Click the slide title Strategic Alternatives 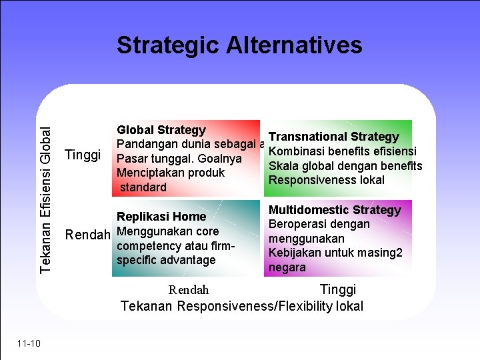click(239, 45)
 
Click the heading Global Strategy click(161, 130)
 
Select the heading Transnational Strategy click(333, 137)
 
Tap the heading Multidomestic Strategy click(335, 210)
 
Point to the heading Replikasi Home click(161, 217)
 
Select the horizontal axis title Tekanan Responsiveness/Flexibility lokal click(242, 306)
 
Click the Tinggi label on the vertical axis click(83, 155)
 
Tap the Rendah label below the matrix click(189, 290)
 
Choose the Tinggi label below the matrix click(338, 289)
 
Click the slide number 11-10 click(29, 343)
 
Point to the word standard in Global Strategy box click(143, 187)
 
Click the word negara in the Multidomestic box click(287, 267)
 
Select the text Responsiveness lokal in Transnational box click(326, 180)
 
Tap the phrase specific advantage click(166, 260)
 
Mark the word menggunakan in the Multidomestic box click(306, 239)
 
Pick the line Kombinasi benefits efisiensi click(342, 151)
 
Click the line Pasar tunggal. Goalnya click(179, 159)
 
